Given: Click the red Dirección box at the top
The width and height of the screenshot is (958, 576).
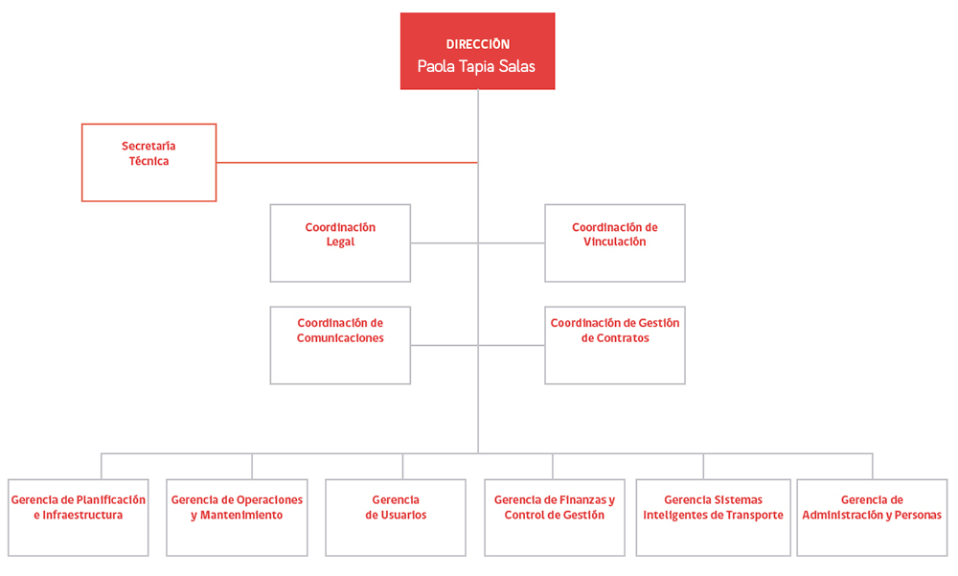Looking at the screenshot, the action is coord(477,52).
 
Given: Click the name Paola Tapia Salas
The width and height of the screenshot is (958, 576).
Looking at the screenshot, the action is coord(476,66).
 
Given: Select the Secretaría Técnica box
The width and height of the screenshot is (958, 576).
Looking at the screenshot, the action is coord(149,163).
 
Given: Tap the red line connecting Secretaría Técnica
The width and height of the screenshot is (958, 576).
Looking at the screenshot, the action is coord(347,163).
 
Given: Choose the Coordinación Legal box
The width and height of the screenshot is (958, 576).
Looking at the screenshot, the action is coord(340,243).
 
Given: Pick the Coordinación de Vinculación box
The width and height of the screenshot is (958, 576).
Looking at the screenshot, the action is coord(615,243).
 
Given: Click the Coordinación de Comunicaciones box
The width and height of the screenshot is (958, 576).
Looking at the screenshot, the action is coord(340,345).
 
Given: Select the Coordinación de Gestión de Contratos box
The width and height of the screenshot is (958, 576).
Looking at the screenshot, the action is coord(615,345).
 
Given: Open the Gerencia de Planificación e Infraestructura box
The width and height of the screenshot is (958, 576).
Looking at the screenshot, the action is coord(79,518).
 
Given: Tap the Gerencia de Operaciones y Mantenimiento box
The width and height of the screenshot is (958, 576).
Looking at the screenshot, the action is coord(237,518).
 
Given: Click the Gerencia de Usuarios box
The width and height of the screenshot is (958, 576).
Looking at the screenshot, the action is coord(396,518).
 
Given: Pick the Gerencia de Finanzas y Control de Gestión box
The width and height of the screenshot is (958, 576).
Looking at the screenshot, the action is coord(555,518).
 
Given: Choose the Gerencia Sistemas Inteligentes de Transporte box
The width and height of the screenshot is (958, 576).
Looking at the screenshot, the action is coord(713,518).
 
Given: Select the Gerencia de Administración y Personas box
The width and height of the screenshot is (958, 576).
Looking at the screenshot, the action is coord(872,518).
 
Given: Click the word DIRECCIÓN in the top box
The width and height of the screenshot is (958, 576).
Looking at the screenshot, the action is coord(478,44).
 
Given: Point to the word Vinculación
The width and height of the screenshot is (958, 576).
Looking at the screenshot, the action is coord(615,242).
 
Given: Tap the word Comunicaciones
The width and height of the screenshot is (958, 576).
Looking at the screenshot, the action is coord(340,338).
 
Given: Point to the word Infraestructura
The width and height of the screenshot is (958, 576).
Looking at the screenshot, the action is coord(82,515).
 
